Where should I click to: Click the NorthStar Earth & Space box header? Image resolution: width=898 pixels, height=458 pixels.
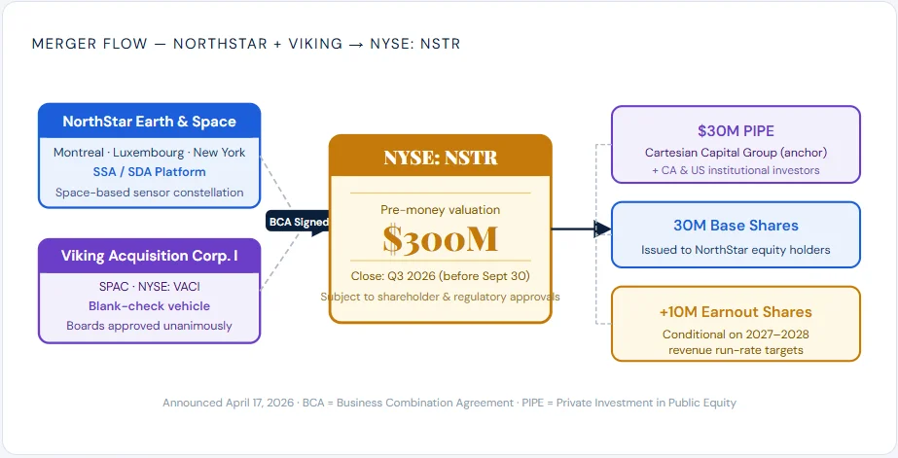point(150,122)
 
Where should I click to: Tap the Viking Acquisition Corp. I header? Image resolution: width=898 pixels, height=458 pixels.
point(150,256)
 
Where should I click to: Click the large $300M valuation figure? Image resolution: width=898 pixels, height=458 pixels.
point(441,239)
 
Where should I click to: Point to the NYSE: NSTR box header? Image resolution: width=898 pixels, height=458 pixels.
point(441,157)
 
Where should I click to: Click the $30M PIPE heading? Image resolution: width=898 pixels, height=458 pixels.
point(736,131)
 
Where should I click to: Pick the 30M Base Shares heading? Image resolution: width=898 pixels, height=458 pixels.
point(736,226)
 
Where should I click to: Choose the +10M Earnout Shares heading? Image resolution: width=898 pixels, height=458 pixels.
point(736,312)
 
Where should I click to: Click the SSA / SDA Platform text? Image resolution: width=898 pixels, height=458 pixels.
point(150,172)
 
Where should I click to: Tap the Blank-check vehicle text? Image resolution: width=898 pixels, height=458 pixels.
point(150,306)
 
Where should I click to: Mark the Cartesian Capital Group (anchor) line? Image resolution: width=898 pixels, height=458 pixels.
point(736,153)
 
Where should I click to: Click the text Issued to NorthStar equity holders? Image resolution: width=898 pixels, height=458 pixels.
point(736,250)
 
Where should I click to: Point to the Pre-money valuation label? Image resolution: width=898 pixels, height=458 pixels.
point(441,210)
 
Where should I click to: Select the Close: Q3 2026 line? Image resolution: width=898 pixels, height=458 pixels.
point(441,276)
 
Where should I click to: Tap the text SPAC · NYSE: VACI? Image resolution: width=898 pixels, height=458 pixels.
point(150,286)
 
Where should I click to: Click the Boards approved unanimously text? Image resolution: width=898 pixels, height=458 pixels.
point(150,326)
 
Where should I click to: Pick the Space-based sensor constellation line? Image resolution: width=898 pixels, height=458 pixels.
point(150,193)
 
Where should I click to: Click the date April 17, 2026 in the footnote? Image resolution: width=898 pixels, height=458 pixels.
point(258,403)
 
